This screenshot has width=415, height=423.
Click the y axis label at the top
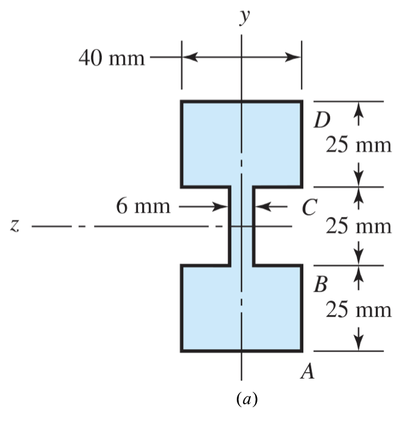coord(244,18)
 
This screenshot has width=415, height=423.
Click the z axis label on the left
coord(14,226)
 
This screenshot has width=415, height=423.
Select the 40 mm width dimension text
coord(112,59)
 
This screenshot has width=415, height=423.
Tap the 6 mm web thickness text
coord(143,207)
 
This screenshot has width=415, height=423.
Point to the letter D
coord(322,120)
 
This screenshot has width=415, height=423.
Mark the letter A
coord(308,370)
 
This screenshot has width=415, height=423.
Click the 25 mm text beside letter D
coord(358,146)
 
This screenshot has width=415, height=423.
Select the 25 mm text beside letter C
coord(358,226)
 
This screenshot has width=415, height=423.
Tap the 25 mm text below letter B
coord(358,310)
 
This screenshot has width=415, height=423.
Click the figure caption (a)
coord(247,400)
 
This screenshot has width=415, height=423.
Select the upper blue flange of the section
coord(208,143)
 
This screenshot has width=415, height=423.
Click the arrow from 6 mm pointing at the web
coord(220,207)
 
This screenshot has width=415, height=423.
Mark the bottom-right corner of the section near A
coord(301,351)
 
